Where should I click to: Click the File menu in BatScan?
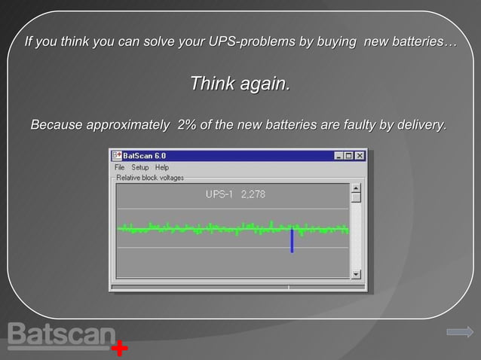coord(119,167)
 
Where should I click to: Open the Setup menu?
coord(140,167)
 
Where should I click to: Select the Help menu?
coord(162,167)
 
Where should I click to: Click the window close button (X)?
coord(360,155)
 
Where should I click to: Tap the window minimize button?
coord(339,155)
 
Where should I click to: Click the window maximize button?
coord(349,155)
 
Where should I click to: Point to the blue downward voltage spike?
coord(292,241)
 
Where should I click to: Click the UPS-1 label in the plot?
coord(220,194)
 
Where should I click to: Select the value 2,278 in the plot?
coord(253,194)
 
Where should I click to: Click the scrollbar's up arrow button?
coord(357,188)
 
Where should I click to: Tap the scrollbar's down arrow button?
coord(357,273)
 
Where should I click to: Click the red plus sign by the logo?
coord(119,349)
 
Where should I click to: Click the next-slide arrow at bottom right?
coord(459,331)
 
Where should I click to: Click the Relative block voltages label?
coord(149,178)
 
